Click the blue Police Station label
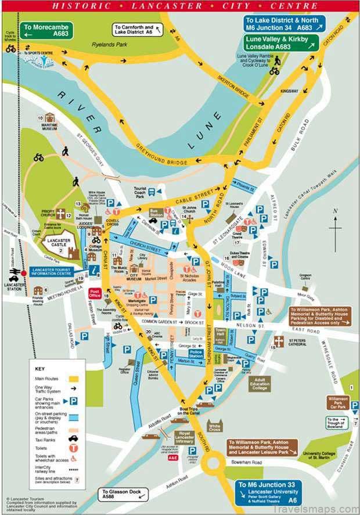(195, 353)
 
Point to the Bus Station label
(156, 213)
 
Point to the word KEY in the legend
(39, 369)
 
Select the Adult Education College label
(260, 384)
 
